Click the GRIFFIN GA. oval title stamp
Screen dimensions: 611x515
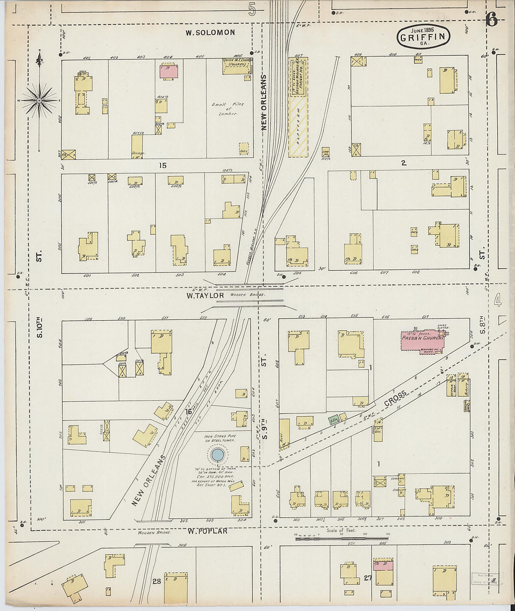424,37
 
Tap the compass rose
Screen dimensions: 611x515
40,100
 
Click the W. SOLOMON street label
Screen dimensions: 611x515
210,32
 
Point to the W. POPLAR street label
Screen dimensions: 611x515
207,531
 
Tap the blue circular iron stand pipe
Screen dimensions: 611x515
217,454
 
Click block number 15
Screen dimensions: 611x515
162,165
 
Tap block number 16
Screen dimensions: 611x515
188,412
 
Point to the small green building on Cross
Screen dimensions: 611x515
334,420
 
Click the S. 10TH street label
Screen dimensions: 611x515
39,328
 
